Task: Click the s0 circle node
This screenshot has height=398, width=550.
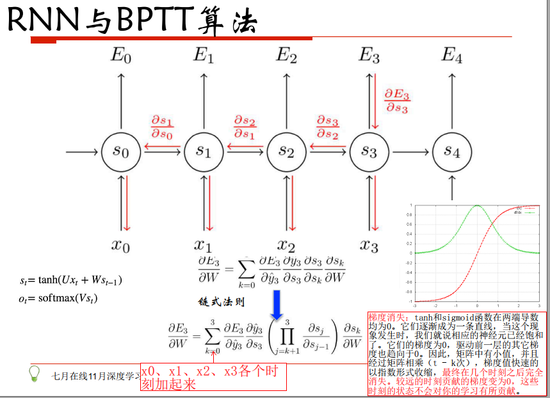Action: [x=120, y=152]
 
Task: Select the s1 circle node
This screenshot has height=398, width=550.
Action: [x=203, y=152]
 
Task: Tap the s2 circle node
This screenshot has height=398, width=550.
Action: [x=286, y=152]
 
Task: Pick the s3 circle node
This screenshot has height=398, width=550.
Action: [x=369, y=152]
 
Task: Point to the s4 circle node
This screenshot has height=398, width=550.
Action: [x=451, y=152]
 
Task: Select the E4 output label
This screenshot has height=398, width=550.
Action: [x=451, y=56]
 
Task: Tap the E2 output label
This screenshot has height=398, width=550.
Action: [x=286, y=56]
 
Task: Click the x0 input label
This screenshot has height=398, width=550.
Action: [x=120, y=245]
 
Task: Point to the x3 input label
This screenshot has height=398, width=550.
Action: [x=369, y=245]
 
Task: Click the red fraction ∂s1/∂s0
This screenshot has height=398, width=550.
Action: [x=162, y=127]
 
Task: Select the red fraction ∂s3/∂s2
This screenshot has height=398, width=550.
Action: [x=328, y=127]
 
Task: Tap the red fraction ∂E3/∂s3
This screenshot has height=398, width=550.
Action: [x=397, y=101]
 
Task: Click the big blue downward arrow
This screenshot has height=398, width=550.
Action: [x=277, y=305]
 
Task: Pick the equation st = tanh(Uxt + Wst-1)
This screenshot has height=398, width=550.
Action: [x=71, y=280]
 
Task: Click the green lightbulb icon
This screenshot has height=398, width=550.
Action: [x=36, y=373]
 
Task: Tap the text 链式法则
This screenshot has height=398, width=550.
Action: [x=222, y=301]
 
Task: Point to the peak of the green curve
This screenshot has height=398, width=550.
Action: [x=477, y=205]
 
